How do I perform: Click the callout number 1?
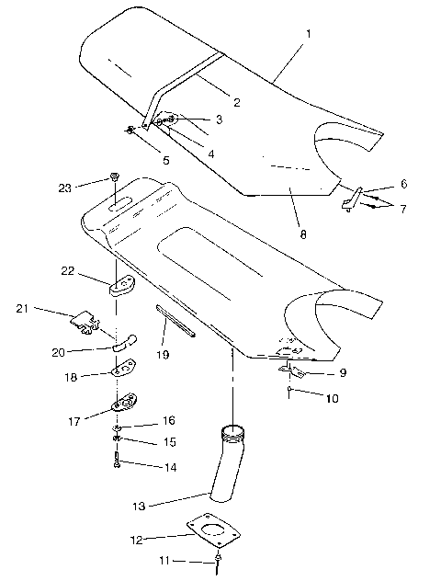[x=309, y=34]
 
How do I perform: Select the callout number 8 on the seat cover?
[x=302, y=234]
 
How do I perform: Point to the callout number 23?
[x=63, y=188]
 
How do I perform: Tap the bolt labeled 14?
[x=118, y=460]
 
